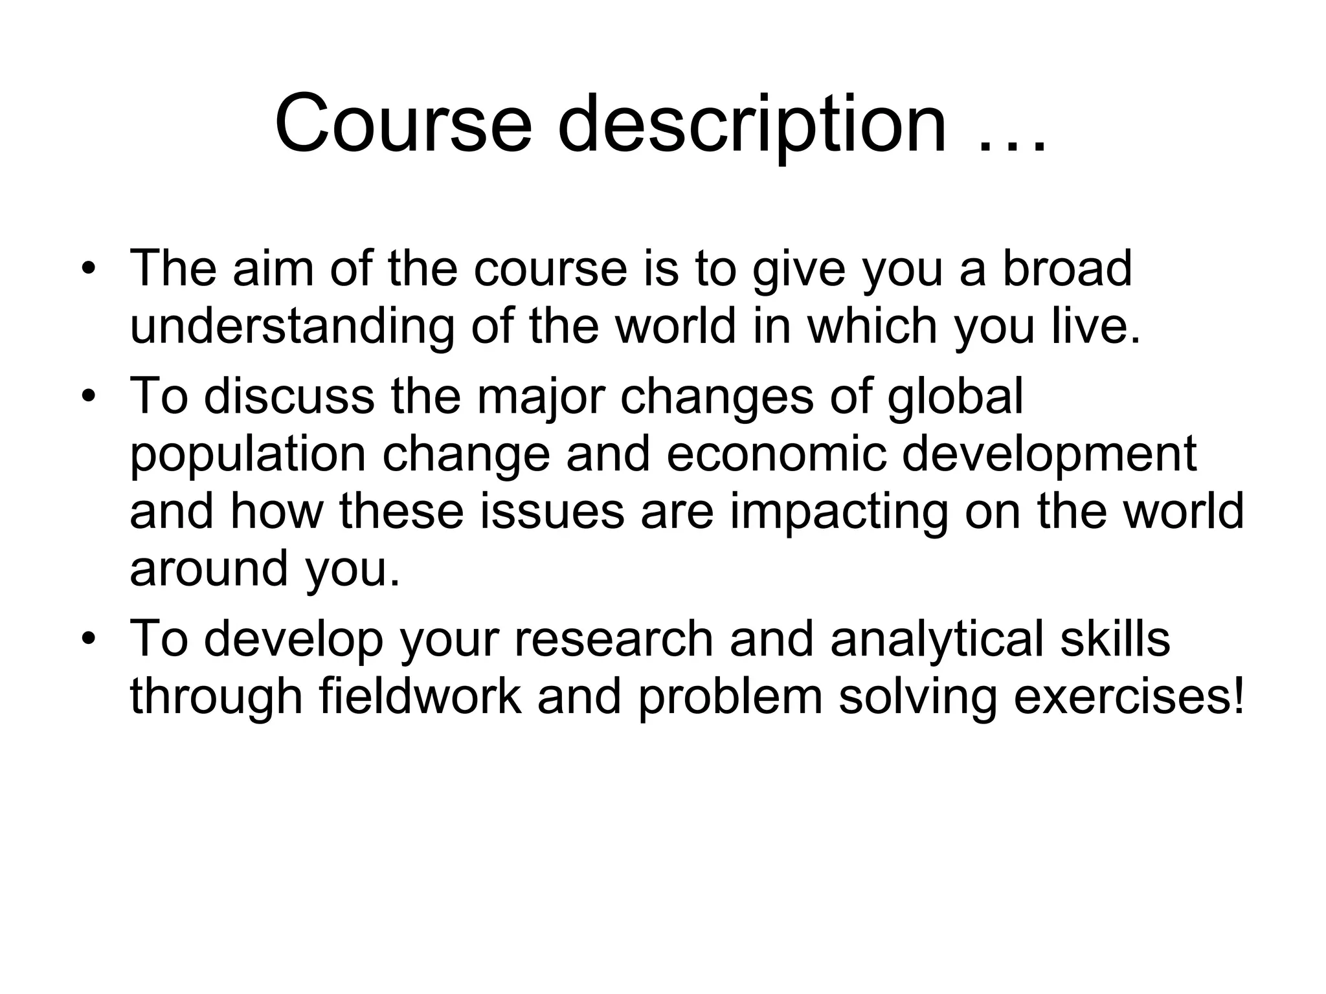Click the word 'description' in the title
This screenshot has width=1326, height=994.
(x=752, y=124)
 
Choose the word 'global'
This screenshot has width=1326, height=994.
(x=955, y=396)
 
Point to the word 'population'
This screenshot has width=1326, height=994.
(x=248, y=454)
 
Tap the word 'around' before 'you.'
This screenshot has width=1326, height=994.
(x=208, y=568)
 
